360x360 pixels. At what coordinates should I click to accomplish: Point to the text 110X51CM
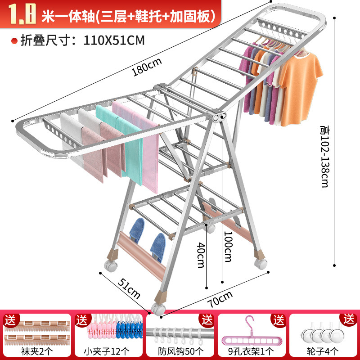114,40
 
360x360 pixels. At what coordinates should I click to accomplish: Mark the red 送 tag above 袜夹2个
10,320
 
